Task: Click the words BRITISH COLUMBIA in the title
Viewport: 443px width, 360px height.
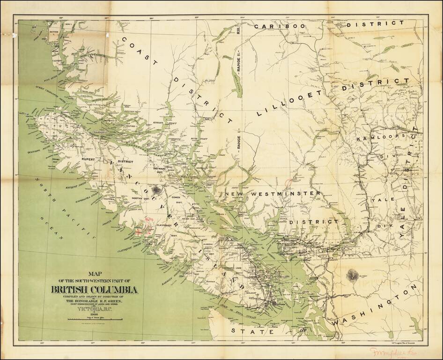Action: pyautogui.click(x=95, y=290)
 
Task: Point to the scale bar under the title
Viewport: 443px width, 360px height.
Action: pyautogui.click(x=95, y=319)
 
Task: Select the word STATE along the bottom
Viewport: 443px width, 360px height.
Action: pyautogui.click(x=252, y=331)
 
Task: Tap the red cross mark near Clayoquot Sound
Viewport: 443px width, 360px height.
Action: pyautogui.click(x=139, y=231)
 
